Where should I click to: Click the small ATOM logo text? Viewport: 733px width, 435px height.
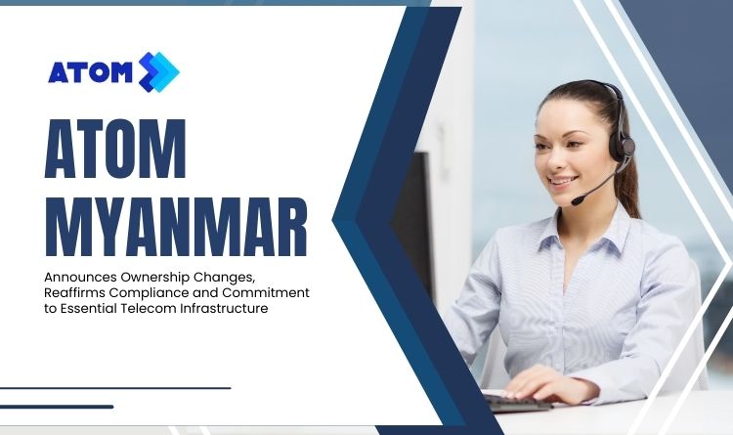(90, 72)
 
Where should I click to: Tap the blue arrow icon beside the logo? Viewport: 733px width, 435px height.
(159, 72)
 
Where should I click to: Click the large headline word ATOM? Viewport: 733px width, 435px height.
(115, 149)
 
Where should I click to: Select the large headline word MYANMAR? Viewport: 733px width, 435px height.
(176, 227)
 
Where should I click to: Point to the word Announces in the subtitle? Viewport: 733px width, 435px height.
(80, 277)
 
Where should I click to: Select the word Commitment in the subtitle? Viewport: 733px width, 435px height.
(266, 293)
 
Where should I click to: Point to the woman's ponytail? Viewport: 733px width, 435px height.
(628, 187)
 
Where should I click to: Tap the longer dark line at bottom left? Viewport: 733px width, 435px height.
(115, 388)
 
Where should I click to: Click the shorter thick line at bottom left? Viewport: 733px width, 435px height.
(57, 407)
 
